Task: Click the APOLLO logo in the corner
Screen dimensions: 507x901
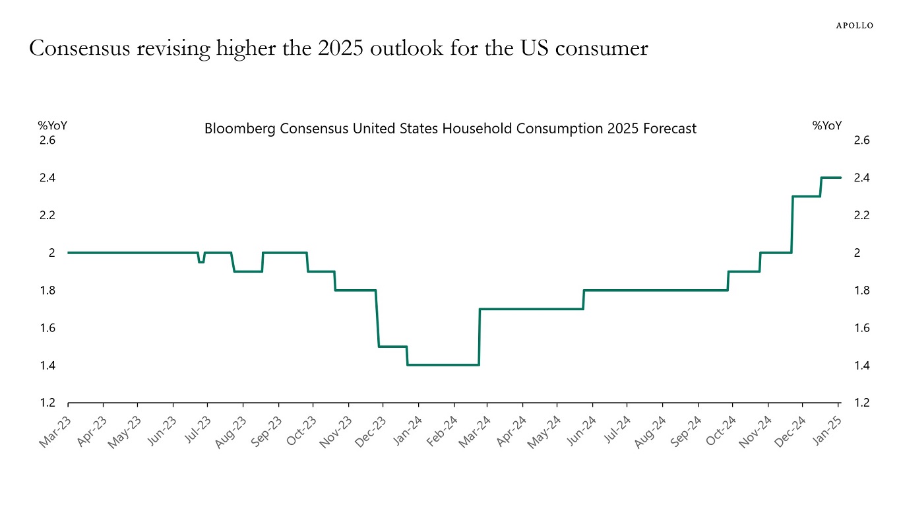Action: pos(855,25)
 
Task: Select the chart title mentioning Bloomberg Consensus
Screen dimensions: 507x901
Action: pos(450,129)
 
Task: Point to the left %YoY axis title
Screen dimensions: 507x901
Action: pos(52,125)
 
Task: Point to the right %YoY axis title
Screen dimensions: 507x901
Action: pos(827,125)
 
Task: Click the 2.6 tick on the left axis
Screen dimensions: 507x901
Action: pos(47,140)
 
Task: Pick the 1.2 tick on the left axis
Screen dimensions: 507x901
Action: pos(47,403)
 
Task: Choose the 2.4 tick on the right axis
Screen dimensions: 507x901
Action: pos(862,178)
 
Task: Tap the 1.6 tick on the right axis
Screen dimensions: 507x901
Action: pos(862,328)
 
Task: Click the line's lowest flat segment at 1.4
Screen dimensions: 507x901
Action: pos(443,365)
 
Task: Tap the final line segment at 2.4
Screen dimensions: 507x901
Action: pos(830,178)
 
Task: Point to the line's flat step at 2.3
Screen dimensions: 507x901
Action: pos(806,196)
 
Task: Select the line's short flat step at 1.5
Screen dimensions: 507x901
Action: pos(392,347)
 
